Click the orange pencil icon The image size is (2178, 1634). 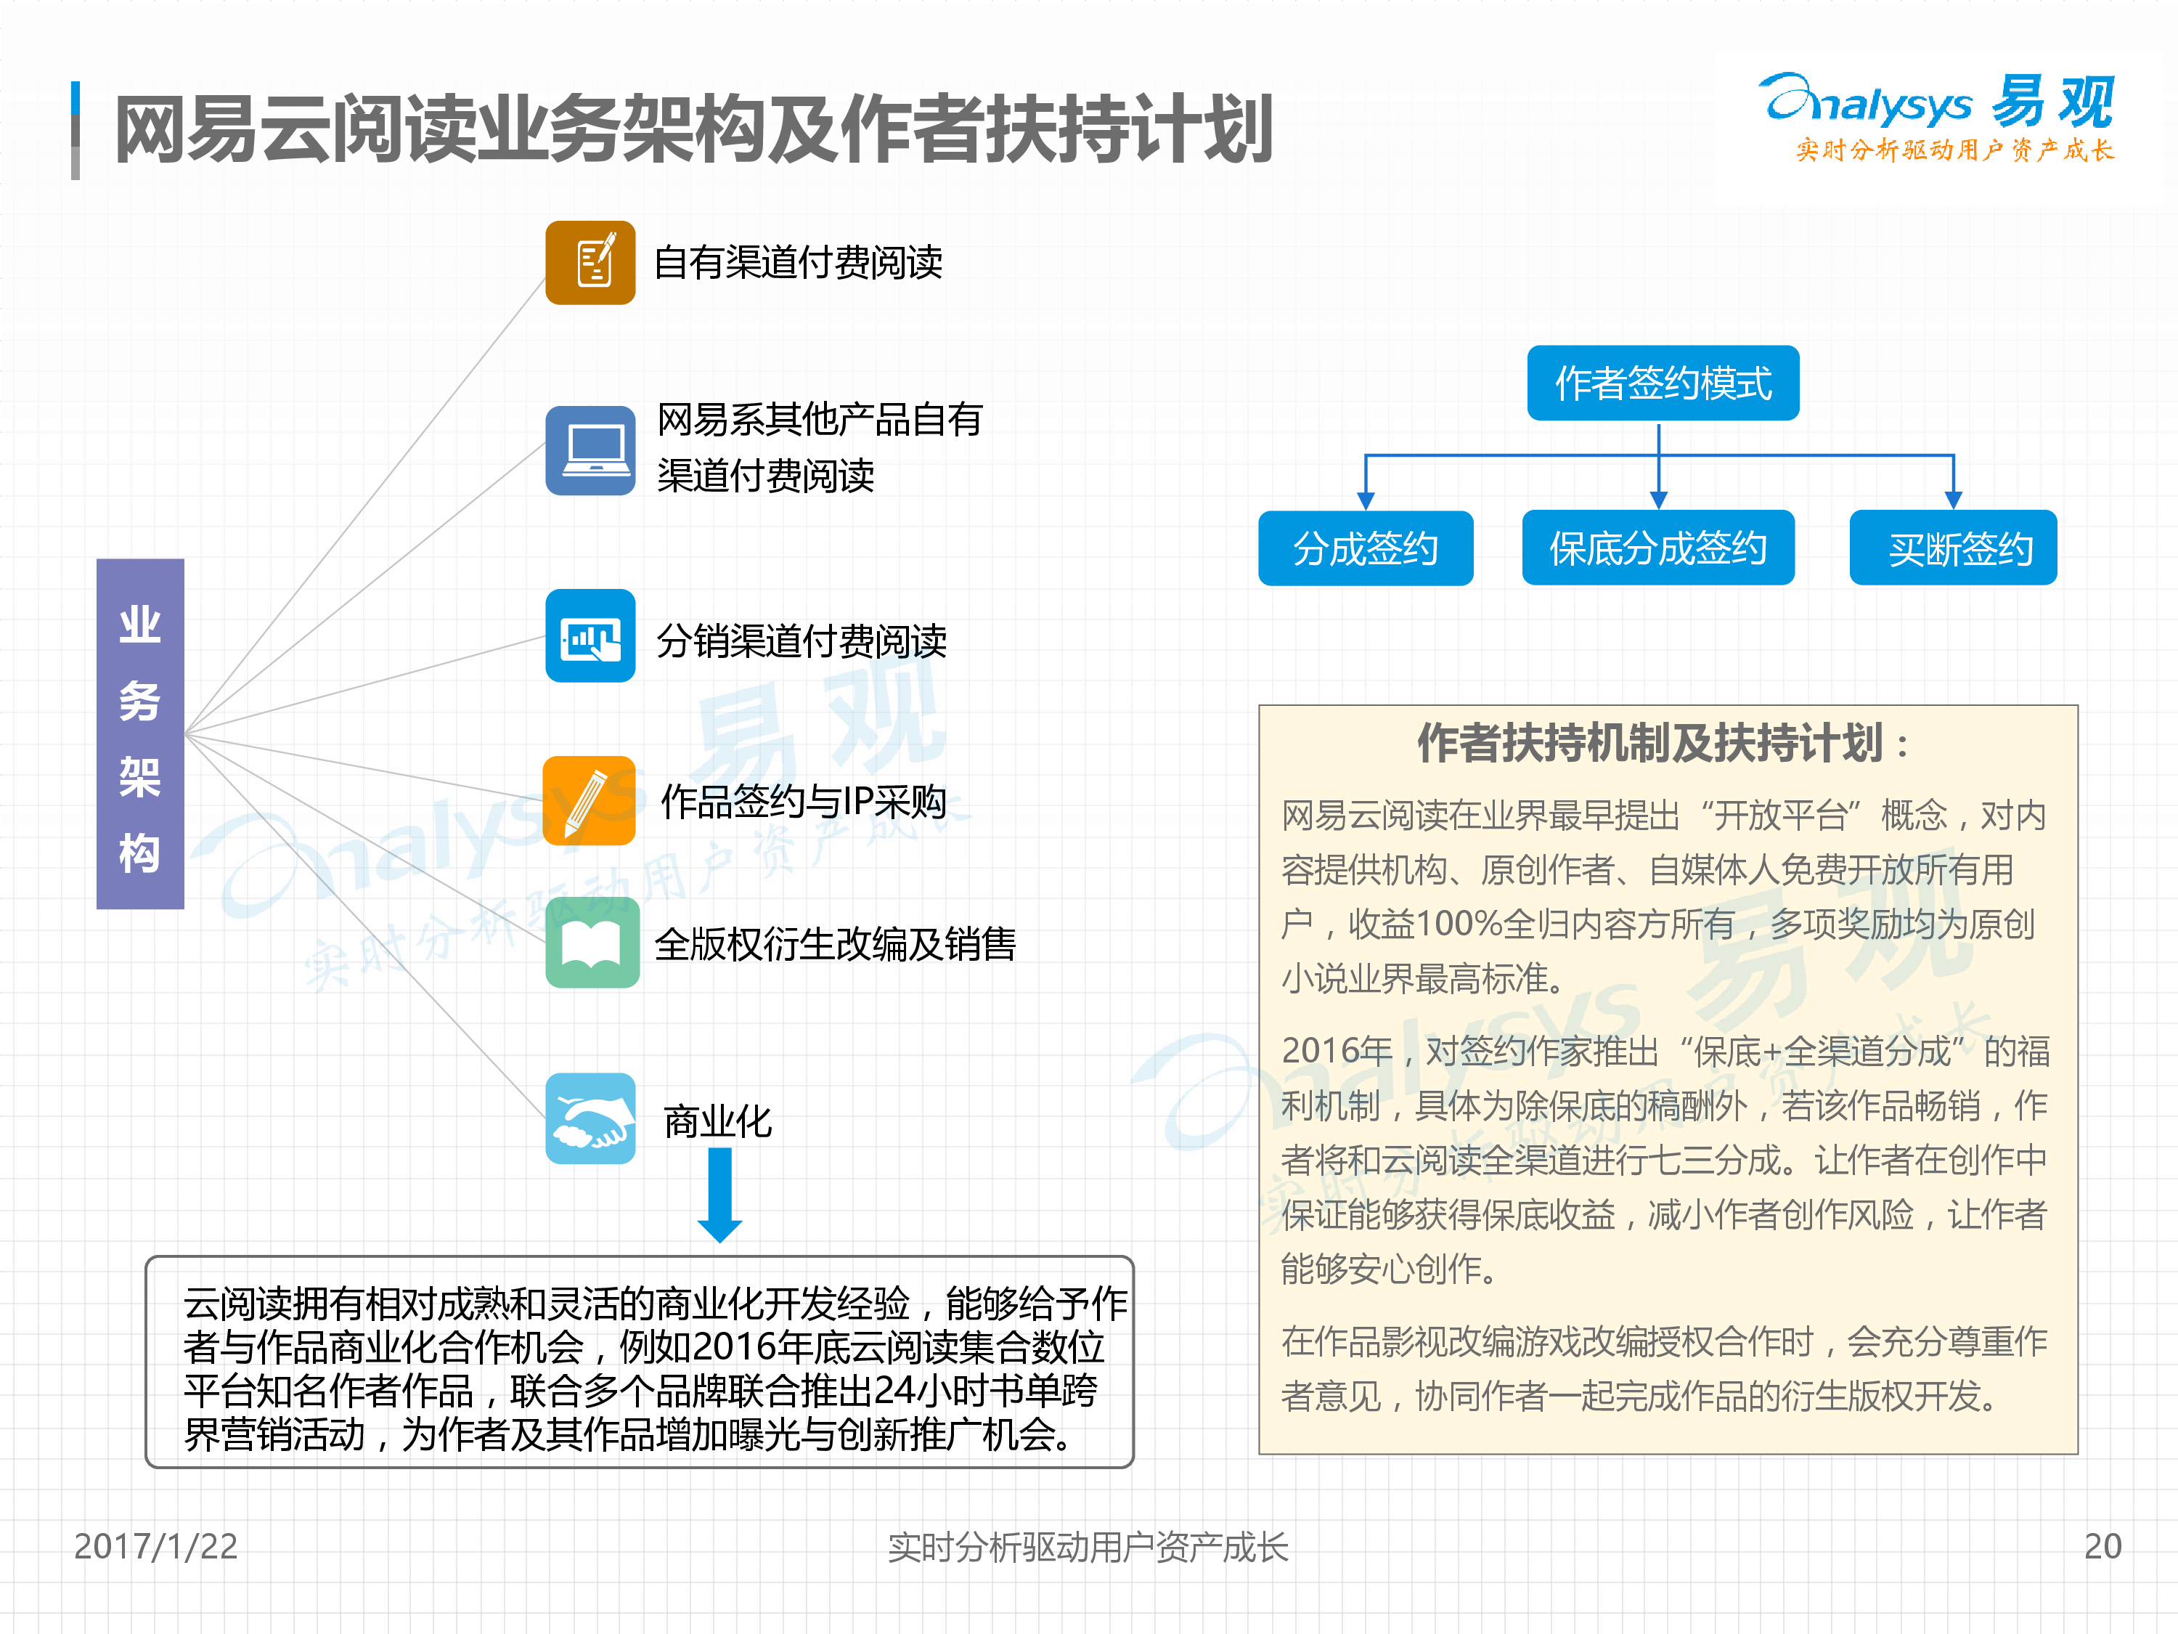point(589,800)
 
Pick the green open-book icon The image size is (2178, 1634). point(592,943)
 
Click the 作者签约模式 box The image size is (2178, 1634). point(1663,383)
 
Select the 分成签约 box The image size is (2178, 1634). point(1366,548)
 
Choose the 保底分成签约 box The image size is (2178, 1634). point(1658,548)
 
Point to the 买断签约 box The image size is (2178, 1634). point(1954,548)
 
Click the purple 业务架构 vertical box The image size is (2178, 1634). point(140,733)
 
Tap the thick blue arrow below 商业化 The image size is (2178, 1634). point(719,1195)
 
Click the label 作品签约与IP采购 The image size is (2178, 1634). point(804,801)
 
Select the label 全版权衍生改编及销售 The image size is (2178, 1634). point(835,943)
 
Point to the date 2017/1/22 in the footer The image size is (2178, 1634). point(155,1545)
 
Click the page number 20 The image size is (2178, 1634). point(2102,1545)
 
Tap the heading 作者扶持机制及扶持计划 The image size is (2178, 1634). point(1664,743)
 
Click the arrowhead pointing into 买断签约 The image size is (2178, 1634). point(1954,500)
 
